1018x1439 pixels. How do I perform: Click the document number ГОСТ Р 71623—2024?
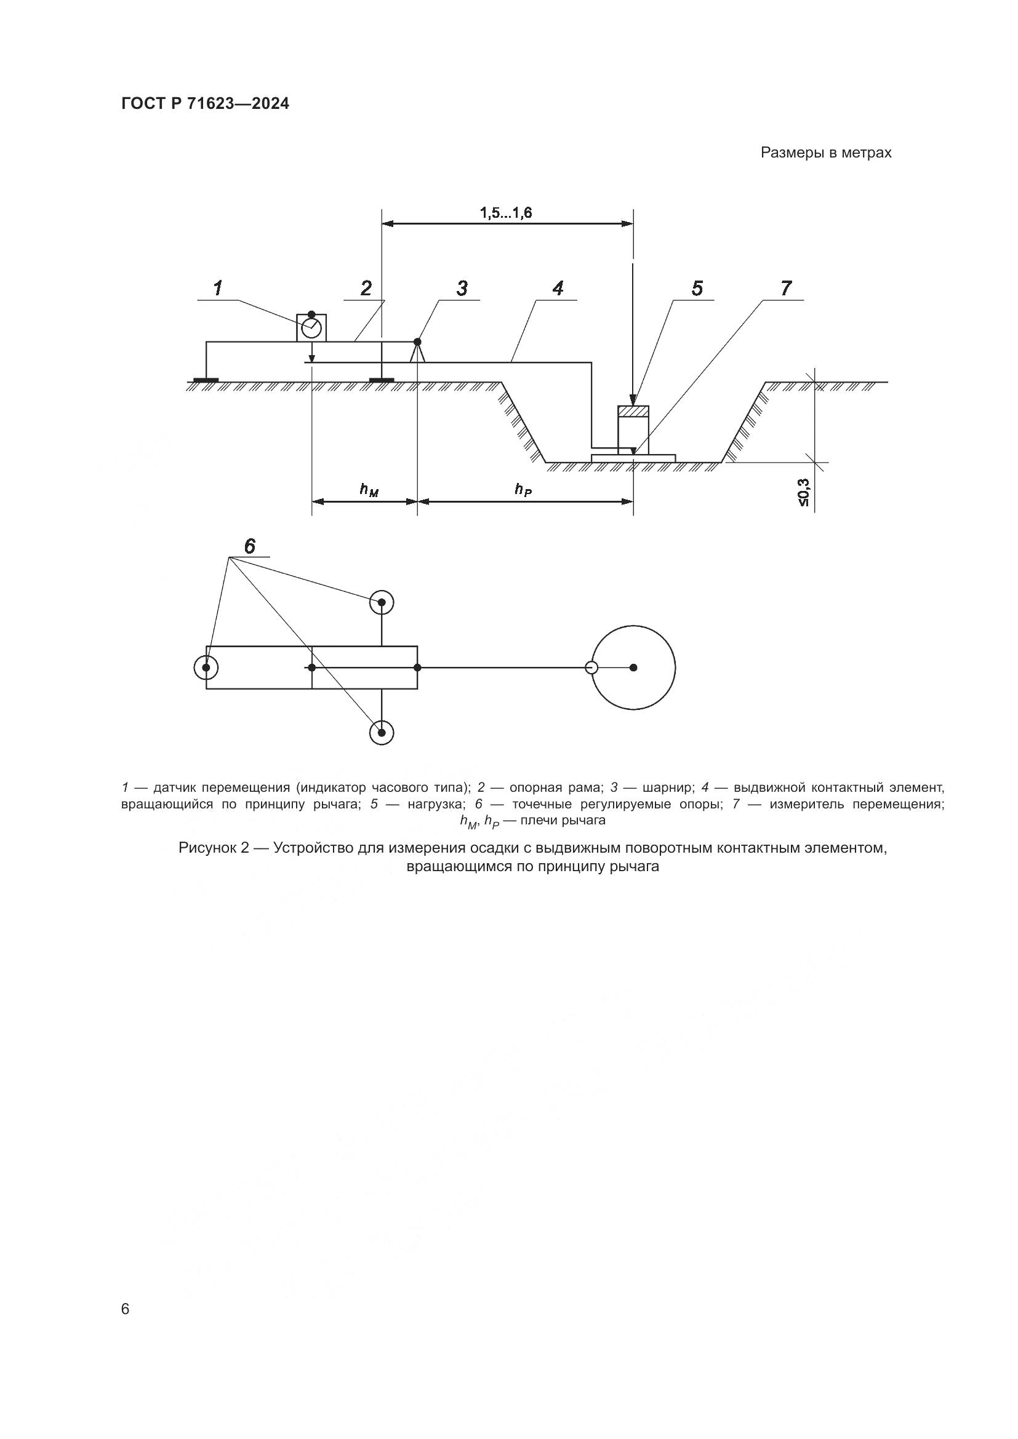[x=205, y=104]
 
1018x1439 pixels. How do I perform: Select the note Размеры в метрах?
[x=825, y=153]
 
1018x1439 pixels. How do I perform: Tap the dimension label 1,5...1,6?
[x=506, y=213]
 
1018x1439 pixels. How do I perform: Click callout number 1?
[x=217, y=289]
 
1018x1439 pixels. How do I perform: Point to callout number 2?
[x=366, y=289]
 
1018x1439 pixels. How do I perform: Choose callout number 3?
[x=462, y=289]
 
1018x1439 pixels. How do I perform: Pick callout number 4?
[x=558, y=289]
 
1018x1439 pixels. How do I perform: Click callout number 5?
[x=697, y=289]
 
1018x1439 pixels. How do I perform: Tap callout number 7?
[x=786, y=289]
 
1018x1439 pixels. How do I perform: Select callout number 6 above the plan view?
[x=249, y=547]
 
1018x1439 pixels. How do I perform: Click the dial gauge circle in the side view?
[x=311, y=328]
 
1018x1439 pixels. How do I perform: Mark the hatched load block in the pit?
[x=633, y=411]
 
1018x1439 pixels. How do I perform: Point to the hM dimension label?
[x=369, y=490]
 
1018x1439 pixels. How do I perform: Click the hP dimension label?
[x=523, y=490]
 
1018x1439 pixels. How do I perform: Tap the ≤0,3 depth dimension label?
[x=804, y=493]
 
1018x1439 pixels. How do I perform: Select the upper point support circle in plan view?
[x=381, y=602]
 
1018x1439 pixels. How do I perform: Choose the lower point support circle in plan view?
[x=381, y=732]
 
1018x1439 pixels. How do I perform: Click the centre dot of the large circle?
[x=633, y=668]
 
